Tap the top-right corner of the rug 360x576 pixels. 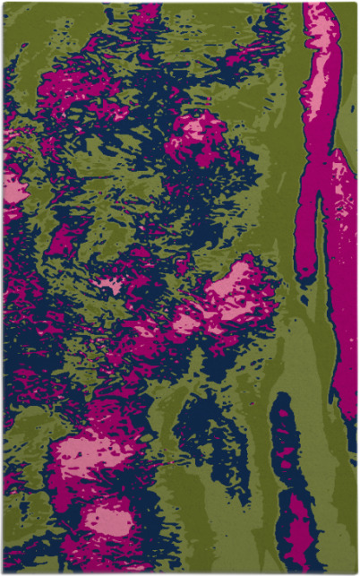[x=357, y=3]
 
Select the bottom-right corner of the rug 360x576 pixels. [x=357, y=573]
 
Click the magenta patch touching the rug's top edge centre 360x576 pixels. [x=143, y=13]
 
